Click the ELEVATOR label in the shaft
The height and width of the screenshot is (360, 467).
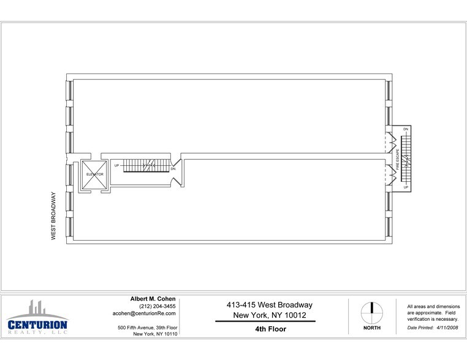[95, 174]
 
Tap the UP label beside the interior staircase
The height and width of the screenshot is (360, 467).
[116, 165]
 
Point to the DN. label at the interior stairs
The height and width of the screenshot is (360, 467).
[173, 169]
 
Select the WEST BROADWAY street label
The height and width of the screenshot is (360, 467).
[53, 216]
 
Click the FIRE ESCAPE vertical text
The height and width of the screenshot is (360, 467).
[398, 159]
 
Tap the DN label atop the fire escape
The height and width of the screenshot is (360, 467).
[406, 129]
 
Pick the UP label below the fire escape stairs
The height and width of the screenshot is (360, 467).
[406, 187]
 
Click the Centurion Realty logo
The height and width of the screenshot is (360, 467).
[37, 317]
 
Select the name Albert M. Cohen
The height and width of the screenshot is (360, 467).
[153, 299]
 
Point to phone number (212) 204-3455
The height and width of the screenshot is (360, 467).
[158, 306]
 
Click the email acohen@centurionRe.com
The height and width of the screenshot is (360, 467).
[144, 313]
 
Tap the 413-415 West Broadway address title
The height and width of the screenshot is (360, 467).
[270, 305]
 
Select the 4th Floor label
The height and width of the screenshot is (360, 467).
[270, 329]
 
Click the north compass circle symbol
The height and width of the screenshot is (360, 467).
[371, 313]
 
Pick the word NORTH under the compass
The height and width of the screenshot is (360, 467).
[371, 328]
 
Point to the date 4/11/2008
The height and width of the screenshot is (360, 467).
[447, 328]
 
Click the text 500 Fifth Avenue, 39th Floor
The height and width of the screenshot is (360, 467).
[148, 328]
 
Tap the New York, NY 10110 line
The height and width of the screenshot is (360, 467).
[155, 334]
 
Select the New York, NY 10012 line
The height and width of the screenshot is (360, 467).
[270, 315]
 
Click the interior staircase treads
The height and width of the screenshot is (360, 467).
[146, 165]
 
